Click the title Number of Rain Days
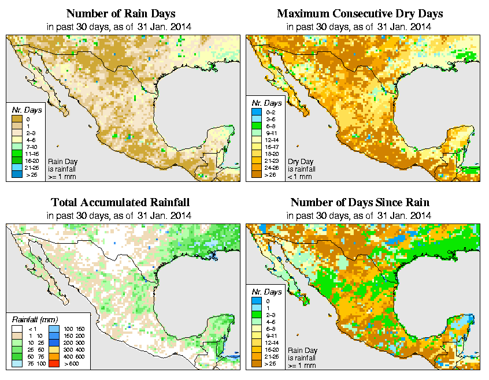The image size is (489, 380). pyautogui.click(x=120, y=13)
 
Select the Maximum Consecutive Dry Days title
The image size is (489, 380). pyautogui.click(x=360, y=13)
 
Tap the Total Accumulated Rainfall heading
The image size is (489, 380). pyautogui.click(x=120, y=203)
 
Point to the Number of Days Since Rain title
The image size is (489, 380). pyautogui.click(x=360, y=203)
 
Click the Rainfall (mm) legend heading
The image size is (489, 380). pyautogui.click(x=35, y=319)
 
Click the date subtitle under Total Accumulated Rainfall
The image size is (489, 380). pyautogui.click(x=120, y=215)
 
